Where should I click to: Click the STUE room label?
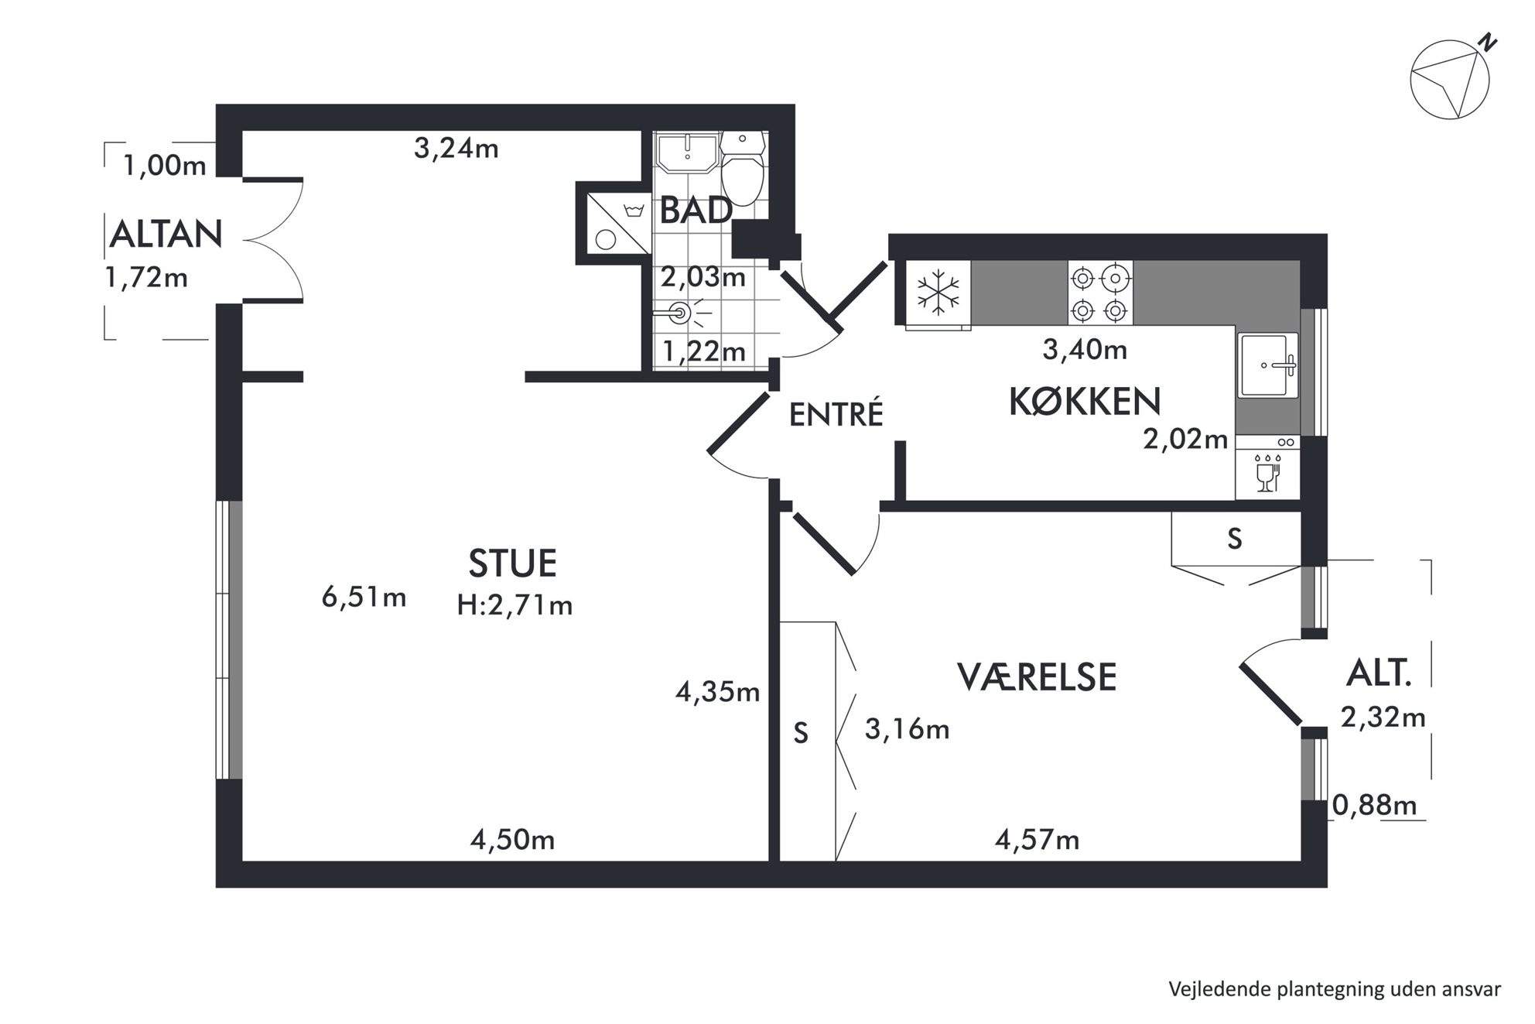tap(512, 563)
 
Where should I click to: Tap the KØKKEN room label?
tap(1085, 402)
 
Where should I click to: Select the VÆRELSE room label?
tap(1037, 676)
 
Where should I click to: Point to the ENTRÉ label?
tap(836, 414)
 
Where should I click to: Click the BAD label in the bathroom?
tap(696, 211)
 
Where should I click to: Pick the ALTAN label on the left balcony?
tap(166, 234)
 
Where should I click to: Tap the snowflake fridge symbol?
tap(938, 293)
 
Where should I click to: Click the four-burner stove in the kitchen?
tap(1100, 293)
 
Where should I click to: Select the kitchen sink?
tap(1267, 365)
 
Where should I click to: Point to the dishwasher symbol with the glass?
tap(1267, 467)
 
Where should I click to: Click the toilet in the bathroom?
tap(743, 167)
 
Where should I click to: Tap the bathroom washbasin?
tap(686, 152)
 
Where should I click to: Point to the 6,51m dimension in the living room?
tap(364, 598)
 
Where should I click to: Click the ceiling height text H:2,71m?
tap(515, 604)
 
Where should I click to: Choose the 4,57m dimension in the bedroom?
tap(1037, 839)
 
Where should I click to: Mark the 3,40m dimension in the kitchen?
tap(1085, 350)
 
